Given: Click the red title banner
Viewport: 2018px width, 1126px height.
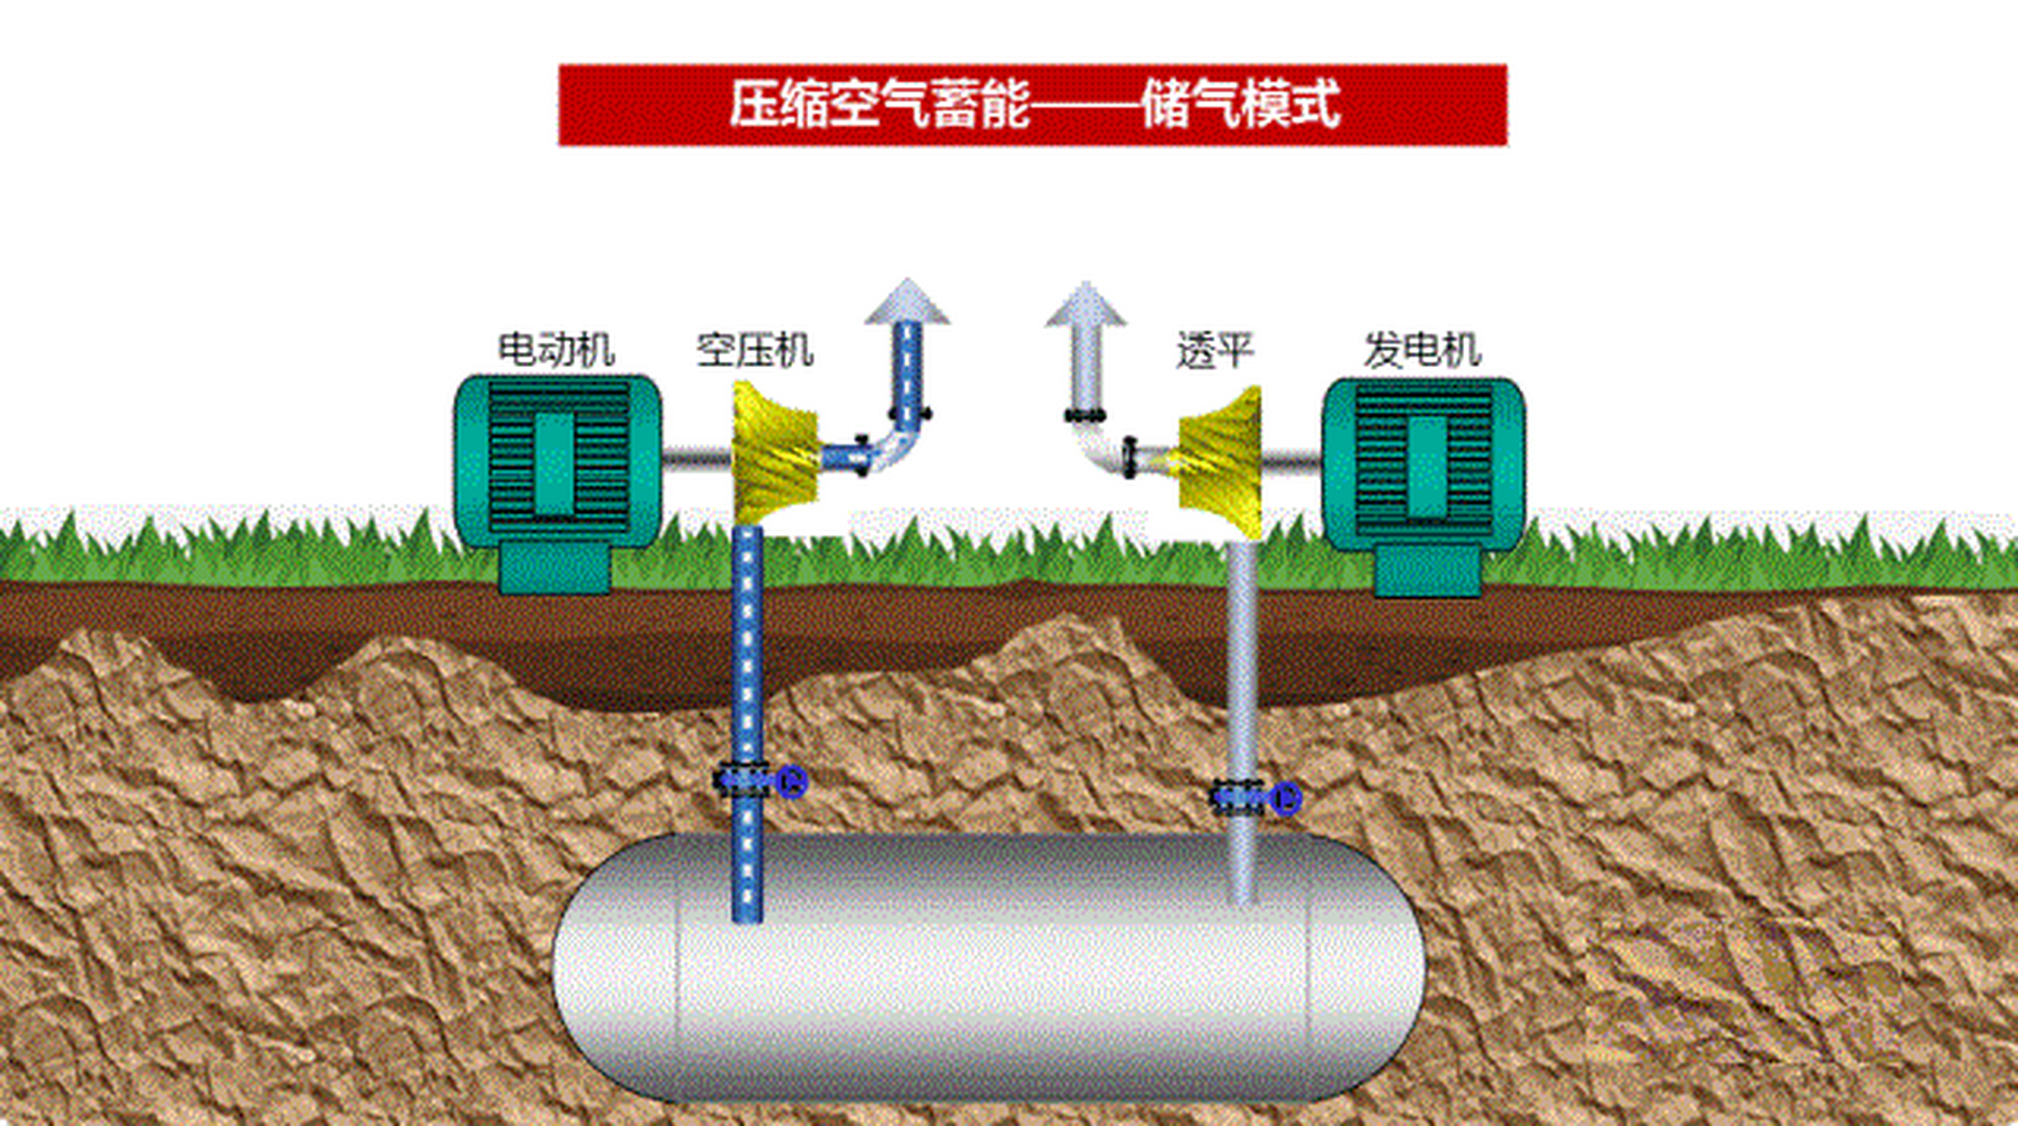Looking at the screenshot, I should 1032,105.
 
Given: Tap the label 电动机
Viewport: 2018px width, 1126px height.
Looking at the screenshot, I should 556,350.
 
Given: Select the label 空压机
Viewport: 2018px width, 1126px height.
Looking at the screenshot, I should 754,350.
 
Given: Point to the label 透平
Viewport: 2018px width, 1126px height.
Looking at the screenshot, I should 1214,350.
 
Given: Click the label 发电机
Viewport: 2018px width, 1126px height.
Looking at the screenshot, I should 1422,350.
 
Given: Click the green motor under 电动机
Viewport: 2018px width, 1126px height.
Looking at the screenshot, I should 557,462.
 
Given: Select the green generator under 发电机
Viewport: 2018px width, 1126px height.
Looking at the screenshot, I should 1424,464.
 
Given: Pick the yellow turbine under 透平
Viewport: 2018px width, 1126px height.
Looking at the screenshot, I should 1222,462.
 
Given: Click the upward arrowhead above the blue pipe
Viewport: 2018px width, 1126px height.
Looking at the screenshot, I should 907,303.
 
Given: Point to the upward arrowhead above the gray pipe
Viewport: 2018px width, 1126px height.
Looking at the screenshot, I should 1086,305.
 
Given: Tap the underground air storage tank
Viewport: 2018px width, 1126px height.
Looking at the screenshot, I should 989,968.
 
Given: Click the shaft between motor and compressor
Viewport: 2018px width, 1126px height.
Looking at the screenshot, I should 696,457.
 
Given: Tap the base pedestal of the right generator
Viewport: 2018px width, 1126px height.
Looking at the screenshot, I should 1427,571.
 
